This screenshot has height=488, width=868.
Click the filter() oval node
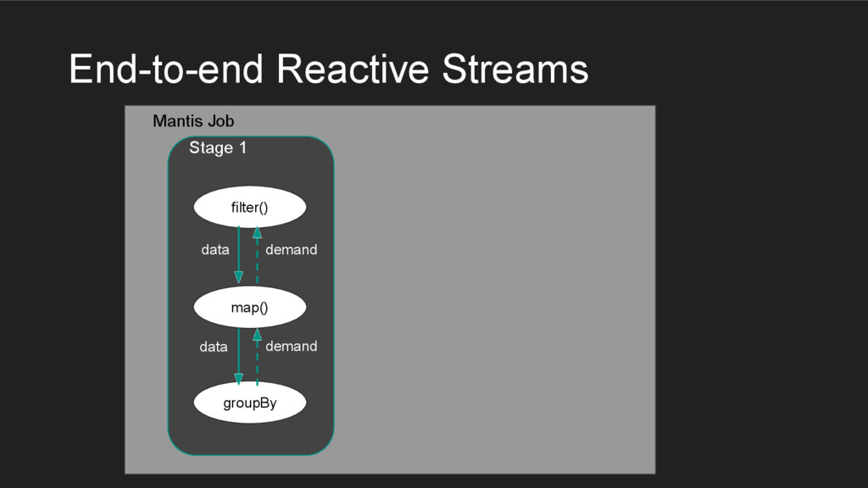pyautogui.click(x=249, y=207)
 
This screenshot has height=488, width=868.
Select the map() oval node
pyautogui.click(x=249, y=308)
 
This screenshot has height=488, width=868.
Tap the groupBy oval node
pyautogui.click(x=249, y=403)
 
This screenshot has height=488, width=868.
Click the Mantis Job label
pyautogui.click(x=193, y=121)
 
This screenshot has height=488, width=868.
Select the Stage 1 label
pyautogui.click(x=218, y=148)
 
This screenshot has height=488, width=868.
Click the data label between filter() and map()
pyautogui.click(x=215, y=250)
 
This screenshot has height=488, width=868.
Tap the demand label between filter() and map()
pyautogui.click(x=291, y=250)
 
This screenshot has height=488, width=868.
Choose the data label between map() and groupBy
pyautogui.click(x=214, y=347)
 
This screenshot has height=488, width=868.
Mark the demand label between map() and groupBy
pyautogui.click(x=291, y=347)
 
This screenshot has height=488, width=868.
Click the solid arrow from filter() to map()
pyautogui.click(x=238, y=252)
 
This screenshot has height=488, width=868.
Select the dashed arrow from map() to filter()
pyautogui.click(x=257, y=258)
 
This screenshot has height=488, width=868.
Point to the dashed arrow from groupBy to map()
pyautogui.click(x=257, y=360)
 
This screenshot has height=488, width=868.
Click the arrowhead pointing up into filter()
pyautogui.click(x=257, y=232)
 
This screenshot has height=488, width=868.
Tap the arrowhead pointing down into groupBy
pyautogui.click(x=238, y=379)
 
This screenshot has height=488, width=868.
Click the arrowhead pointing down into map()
pyautogui.click(x=238, y=277)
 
